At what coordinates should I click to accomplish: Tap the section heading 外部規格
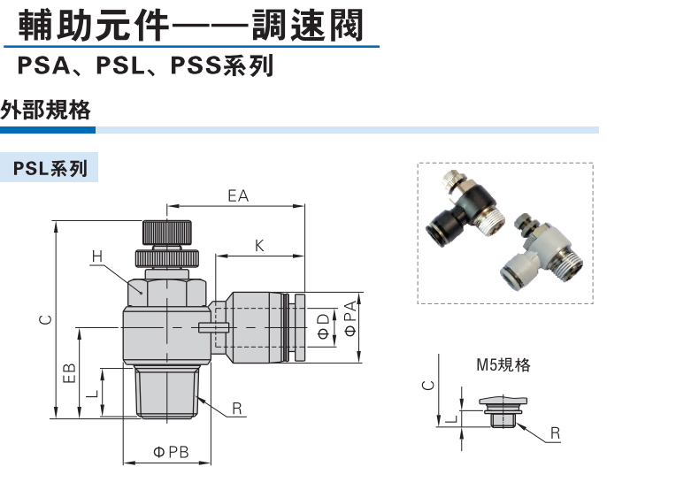tap(46, 111)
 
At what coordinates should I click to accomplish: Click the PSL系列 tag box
tap(50, 168)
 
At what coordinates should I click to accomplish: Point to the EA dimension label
tap(237, 196)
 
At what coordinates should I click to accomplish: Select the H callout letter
tap(96, 256)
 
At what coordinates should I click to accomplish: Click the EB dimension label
tap(72, 372)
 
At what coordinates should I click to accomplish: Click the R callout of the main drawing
tap(237, 409)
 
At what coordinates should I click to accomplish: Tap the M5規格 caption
tap(503, 364)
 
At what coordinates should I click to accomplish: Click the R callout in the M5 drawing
tap(554, 432)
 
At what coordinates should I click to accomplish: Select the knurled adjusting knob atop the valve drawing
tap(169, 232)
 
